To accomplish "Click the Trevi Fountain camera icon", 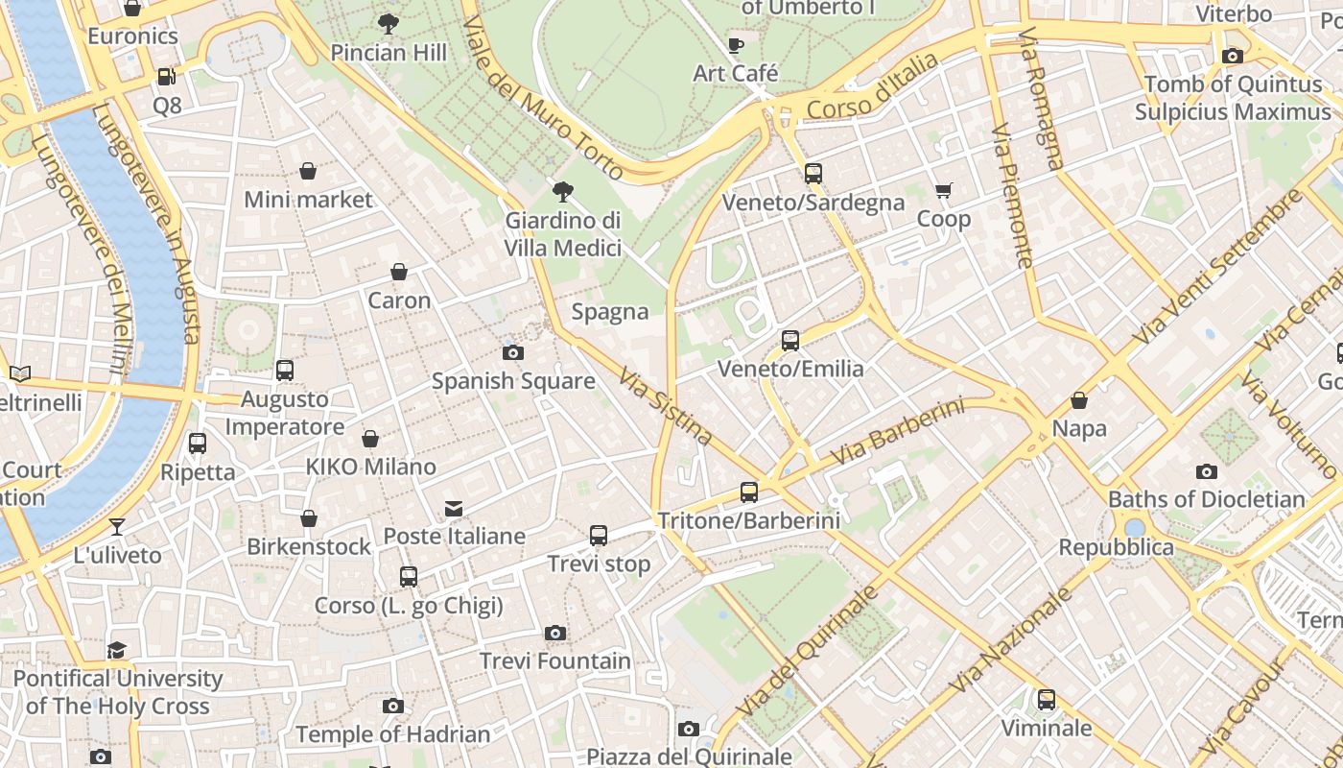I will click(x=554, y=633).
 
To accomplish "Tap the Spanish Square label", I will click(x=513, y=381).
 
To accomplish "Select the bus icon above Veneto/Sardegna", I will click(x=813, y=174).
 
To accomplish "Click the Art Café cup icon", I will click(x=736, y=45).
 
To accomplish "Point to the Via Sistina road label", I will click(x=667, y=406).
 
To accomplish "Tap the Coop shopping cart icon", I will click(x=943, y=191).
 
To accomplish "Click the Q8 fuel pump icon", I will click(x=166, y=76).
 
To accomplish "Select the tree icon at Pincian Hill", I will click(x=389, y=24).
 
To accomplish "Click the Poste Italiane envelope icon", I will click(x=453, y=508).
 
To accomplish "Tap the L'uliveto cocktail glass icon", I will click(x=117, y=526).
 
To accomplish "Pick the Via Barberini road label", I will click(x=897, y=433).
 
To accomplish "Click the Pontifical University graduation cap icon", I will click(x=117, y=650).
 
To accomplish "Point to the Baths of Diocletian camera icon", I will click(x=1206, y=471).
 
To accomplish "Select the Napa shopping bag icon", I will click(x=1079, y=400).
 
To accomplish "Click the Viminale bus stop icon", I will click(x=1046, y=700).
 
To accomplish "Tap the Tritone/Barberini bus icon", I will click(x=749, y=492).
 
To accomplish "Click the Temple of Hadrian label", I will click(x=392, y=734).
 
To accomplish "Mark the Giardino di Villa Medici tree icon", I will click(x=563, y=192).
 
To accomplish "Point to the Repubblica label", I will click(x=1116, y=547).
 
